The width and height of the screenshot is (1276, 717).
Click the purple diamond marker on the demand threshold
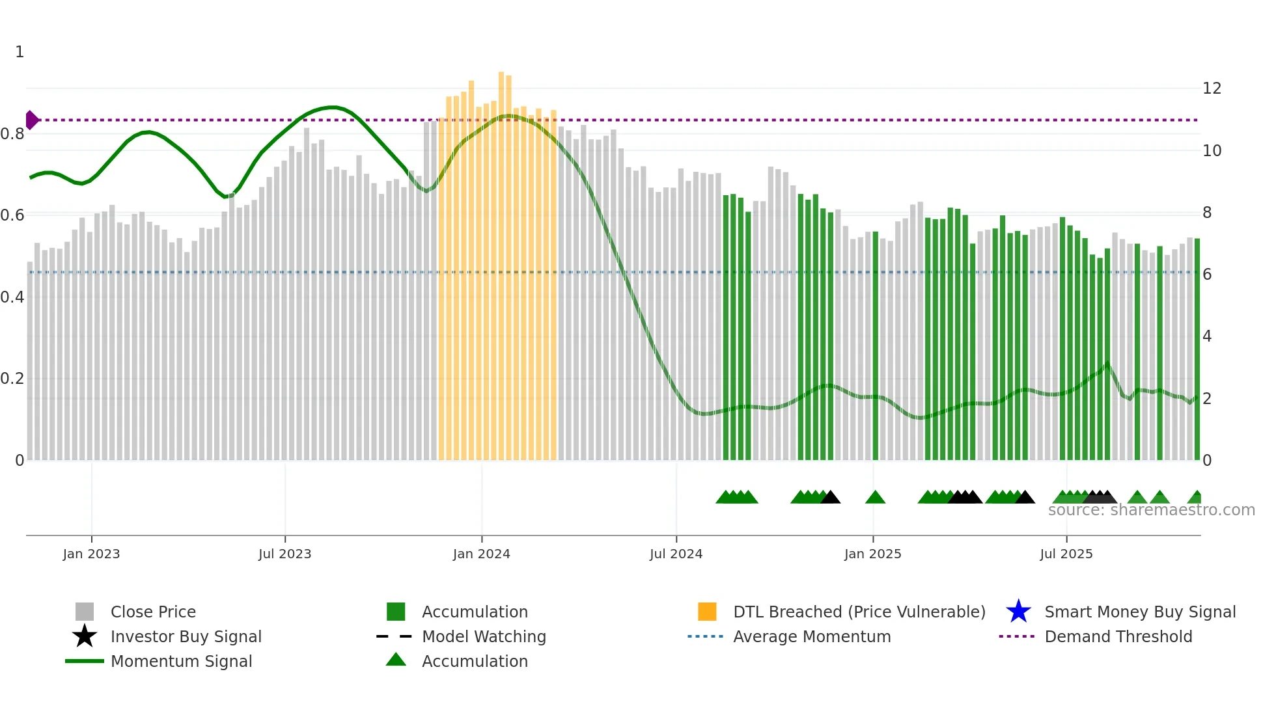point(31,120)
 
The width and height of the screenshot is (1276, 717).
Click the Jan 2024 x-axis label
point(481,554)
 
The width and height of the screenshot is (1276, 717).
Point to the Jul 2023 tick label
point(284,554)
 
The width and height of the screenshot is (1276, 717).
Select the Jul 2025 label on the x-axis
point(1066,554)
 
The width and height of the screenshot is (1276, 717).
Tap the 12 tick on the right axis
point(1212,88)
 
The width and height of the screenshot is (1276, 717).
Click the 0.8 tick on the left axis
point(12,134)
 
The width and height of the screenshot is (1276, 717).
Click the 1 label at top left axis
point(20,52)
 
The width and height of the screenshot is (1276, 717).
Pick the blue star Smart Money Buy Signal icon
point(1018,612)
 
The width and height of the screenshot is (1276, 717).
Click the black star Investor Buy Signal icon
point(85,636)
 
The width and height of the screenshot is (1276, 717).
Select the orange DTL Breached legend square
point(707,612)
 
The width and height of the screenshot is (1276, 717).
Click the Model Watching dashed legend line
point(395,636)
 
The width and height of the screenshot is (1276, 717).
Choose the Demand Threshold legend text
point(1118,636)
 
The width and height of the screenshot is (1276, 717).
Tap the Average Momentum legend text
point(811,636)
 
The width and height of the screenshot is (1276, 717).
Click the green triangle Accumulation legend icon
point(396,660)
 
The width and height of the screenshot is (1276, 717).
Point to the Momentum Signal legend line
point(85,661)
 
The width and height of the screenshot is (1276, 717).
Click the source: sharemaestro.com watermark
point(1151,510)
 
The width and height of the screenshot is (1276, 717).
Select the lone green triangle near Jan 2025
point(875,498)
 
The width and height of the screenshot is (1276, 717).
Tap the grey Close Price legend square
point(85,612)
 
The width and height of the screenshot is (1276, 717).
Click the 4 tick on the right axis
point(1207,336)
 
